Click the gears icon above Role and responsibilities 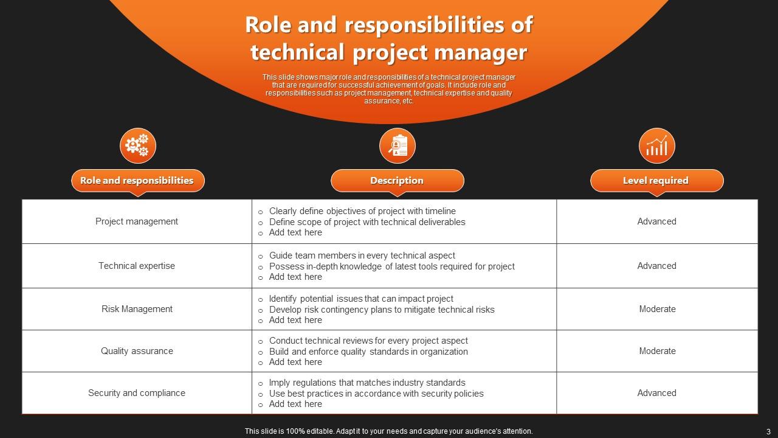pos(138,146)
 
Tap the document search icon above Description pos(398,146)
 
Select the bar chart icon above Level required pos(657,146)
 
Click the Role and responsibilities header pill pos(138,181)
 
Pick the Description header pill pos(398,181)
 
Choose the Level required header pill pos(657,181)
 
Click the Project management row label pos(137,221)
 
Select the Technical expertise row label pos(137,266)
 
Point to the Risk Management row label pos(137,309)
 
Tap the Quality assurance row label pos(137,351)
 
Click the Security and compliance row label pos(137,393)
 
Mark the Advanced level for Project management pos(657,221)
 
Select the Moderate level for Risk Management pos(657,309)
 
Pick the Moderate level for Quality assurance pos(657,351)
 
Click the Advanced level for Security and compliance pos(657,393)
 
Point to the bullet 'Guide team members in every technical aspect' pos(362,255)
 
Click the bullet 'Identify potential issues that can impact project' pos(361,299)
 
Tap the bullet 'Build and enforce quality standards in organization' pos(368,352)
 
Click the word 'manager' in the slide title pos(480,53)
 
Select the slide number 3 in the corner pos(768,431)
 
